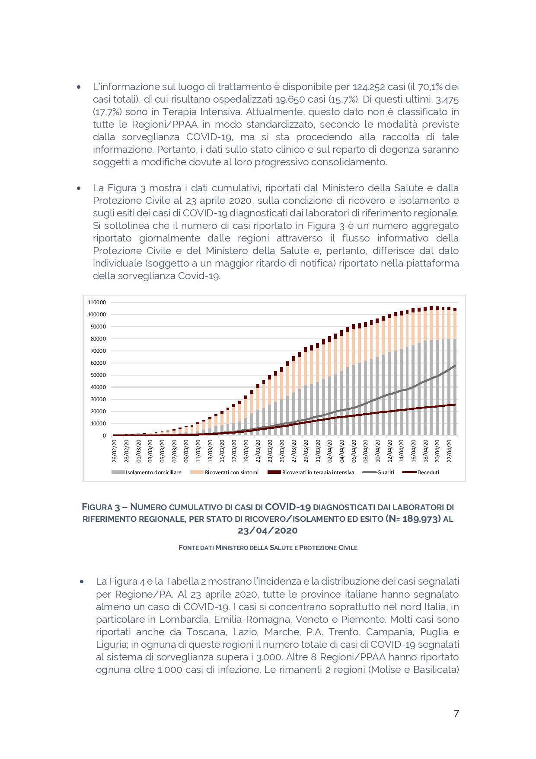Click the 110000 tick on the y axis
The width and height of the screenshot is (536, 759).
97,302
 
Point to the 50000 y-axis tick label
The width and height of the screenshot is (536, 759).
98,375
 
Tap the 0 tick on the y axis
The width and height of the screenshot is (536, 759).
104,436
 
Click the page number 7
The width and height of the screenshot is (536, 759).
456,714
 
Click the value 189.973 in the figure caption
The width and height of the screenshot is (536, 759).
421,518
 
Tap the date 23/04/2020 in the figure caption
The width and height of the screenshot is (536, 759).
268,531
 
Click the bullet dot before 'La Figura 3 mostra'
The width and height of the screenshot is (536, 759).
79,188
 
